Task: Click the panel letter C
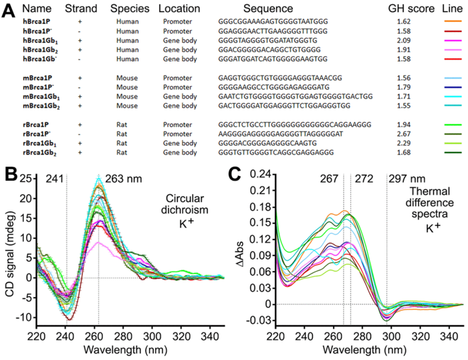point(235,176)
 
